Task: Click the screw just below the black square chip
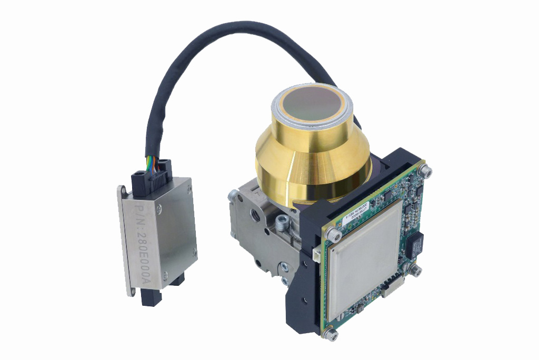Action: coord(416,271)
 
